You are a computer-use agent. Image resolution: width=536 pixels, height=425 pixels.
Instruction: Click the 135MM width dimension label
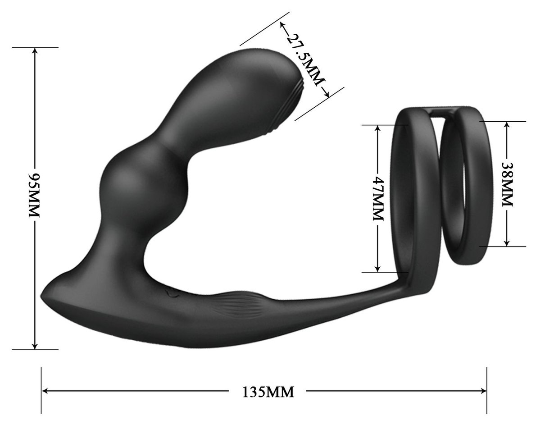tap(268, 392)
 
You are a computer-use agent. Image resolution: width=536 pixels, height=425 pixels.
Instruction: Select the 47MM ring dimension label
tap(378, 199)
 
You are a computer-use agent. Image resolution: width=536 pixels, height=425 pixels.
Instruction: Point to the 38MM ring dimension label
tap(507, 183)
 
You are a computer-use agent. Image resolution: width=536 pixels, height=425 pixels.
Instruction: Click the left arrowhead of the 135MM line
tap(44, 391)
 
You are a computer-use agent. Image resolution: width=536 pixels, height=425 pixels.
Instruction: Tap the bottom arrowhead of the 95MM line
tap(35, 346)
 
